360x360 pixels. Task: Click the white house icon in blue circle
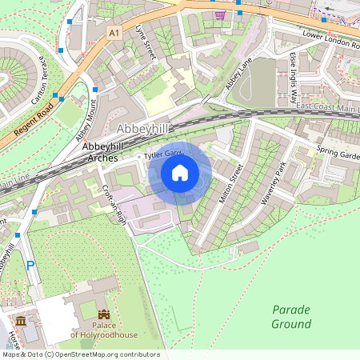[x=180, y=172]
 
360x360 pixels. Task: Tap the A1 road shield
[x=114, y=33]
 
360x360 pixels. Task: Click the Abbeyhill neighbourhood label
[x=144, y=130]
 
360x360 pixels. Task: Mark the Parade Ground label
[x=290, y=317]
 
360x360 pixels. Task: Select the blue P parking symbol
[x=30, y=266]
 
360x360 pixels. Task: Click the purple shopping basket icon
[x=219, y=14]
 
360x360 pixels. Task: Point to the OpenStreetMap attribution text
[x=80, y=354]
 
